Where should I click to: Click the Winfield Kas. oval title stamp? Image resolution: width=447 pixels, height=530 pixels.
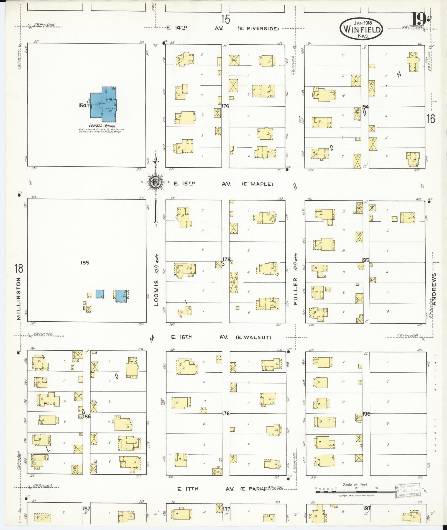tap(361, 28)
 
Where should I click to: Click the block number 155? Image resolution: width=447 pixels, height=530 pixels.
tap(85, 263)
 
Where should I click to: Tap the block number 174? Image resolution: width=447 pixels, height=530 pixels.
tap(225, 106)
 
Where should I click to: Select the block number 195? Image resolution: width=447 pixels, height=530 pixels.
tap(365, 260)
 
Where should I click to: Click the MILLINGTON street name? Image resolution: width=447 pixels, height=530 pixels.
tap(19, 299)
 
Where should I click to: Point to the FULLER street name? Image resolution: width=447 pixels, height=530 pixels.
tap(295, 291)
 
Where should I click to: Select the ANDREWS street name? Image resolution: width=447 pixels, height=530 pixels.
tap(434, 289)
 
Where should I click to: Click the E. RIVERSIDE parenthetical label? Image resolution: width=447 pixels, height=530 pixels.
tap(258, 28)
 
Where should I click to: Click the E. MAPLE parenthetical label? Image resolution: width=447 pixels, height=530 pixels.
tap(257, 184)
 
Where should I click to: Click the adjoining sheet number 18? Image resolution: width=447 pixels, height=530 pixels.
tap(19, 269)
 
